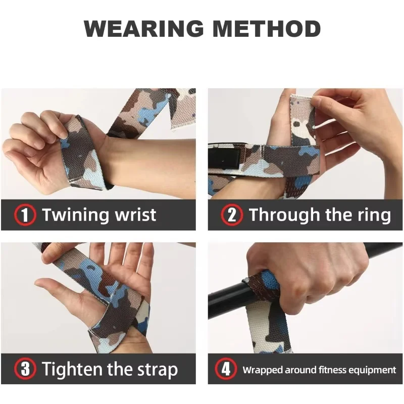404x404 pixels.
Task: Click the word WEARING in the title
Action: (144, 28)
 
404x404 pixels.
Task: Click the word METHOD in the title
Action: (267, 28)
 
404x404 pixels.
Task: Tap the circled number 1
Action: (25, 215)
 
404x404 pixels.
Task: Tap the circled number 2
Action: (232, 215)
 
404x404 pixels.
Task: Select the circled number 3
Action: (25, 369)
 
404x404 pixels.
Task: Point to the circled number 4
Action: (226, 369)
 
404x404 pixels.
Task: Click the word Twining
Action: (76, 215)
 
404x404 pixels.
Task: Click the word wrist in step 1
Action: (135, 215)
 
